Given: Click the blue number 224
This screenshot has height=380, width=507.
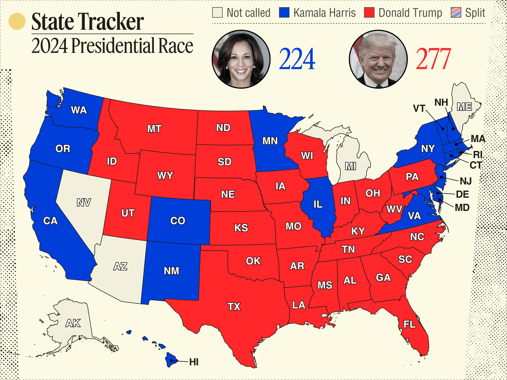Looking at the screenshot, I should (x=297, y=59).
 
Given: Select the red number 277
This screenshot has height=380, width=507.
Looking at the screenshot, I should (x=433, y=59).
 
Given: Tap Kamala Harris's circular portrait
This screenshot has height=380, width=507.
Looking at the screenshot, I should (x=241, y=59).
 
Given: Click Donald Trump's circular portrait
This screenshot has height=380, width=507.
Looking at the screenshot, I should (x=378, y=59).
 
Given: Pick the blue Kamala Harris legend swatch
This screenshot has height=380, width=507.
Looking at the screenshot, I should (x=284, y=13).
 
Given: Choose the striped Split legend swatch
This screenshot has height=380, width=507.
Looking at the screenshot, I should (x=456, y=13).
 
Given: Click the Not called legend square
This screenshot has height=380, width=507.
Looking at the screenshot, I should (x=217, y=13).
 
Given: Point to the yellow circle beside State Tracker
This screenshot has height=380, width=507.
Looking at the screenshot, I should (x=17, y=21).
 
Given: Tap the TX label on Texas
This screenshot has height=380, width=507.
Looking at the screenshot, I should (x=234, y=306).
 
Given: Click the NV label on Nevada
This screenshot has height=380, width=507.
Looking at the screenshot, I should (x=84, y=203).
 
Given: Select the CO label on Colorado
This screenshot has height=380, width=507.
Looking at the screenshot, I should (x=178, y=221).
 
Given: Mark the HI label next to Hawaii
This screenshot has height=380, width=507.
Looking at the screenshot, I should (x=194, y=362).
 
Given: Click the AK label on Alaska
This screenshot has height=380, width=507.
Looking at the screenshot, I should (x=73, y=323).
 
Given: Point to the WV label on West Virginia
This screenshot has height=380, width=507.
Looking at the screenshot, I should (x=394, y=209).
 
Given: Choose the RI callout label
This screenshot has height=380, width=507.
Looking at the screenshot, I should (x=478, y=154).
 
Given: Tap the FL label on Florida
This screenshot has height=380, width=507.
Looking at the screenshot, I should (x=409, y=324).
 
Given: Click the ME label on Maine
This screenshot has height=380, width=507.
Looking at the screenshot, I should (x=465, y=107).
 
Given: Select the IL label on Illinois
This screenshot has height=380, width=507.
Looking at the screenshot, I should (x=318, y=204).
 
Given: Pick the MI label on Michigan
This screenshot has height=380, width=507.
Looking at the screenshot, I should (x=350, y=166).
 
